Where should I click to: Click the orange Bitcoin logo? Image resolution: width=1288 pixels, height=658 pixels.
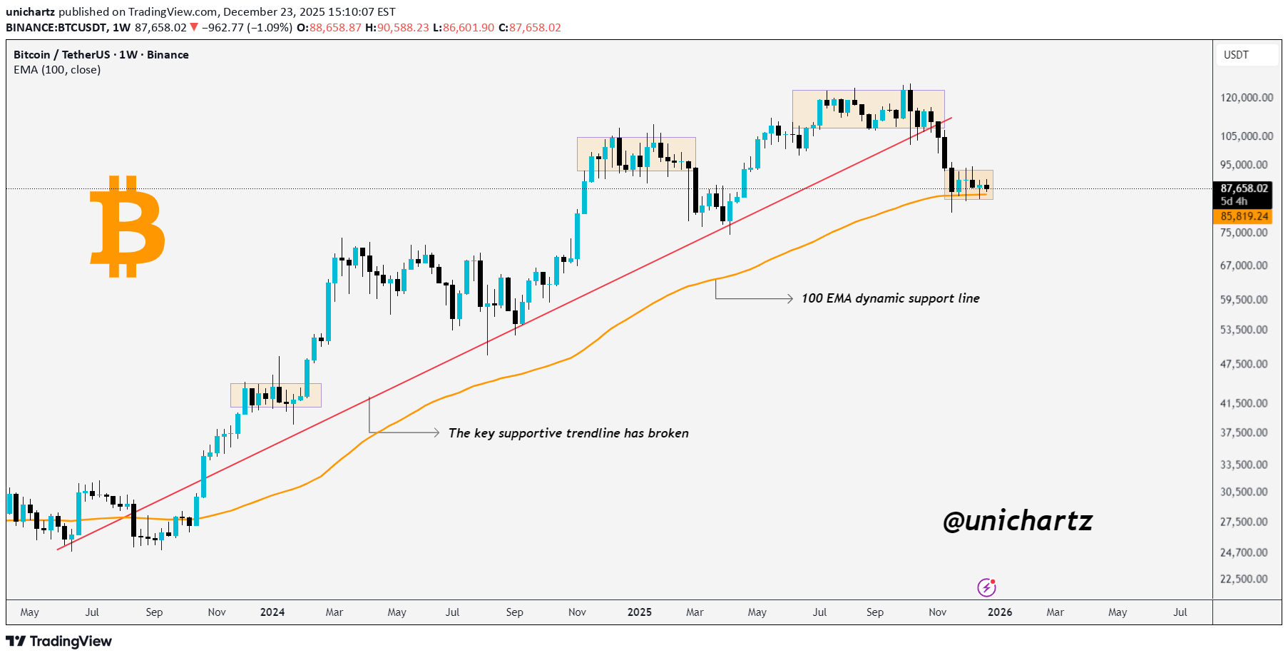point(128,226)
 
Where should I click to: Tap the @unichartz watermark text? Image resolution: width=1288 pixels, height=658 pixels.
point(1017,521)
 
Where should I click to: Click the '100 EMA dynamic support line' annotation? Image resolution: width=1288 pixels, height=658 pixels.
point(890,298)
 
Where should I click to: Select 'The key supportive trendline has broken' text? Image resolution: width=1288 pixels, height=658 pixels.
point(568,433)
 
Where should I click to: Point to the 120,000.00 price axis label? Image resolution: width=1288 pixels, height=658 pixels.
point(1246,98)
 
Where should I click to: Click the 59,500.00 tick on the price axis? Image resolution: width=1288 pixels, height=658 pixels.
point(1244,300)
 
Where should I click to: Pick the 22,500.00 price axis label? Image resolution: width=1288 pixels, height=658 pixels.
point(1244,579)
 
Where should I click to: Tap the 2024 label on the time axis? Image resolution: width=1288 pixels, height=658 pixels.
point(272,612)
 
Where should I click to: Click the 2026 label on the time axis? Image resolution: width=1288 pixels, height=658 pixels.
point(1000,612)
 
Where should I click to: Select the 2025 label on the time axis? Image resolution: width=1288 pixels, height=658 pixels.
point(640,612)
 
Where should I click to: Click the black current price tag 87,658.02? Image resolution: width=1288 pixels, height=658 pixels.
point(1244,189)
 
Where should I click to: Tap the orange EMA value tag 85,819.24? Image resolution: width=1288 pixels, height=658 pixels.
point(1244,216)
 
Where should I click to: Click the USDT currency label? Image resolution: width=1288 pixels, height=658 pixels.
point(1236,55)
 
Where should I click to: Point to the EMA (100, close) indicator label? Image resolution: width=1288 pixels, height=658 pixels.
point(57,70)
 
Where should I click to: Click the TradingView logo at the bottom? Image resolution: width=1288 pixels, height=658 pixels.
point(59,641)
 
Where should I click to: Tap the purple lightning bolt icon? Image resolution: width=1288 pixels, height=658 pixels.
point(986,587)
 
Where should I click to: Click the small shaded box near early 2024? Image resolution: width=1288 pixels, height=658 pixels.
point(276,395)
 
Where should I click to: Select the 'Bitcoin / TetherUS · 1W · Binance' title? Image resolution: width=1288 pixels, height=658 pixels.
point(101,55)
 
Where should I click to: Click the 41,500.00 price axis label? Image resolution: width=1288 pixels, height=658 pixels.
point(1244,403)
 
